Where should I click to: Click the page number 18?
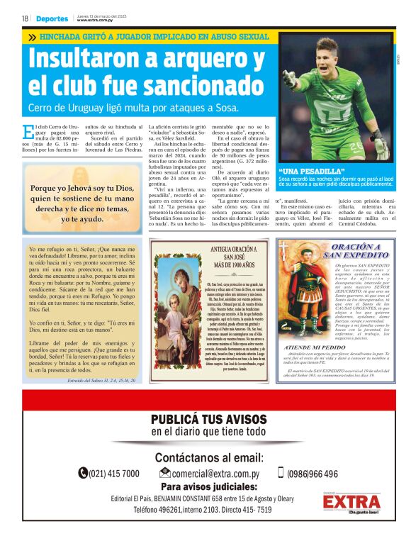25,19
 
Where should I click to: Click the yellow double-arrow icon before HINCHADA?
32,35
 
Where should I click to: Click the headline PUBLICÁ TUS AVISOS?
209,419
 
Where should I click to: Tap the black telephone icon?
83,474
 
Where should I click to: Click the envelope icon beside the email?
165,474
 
